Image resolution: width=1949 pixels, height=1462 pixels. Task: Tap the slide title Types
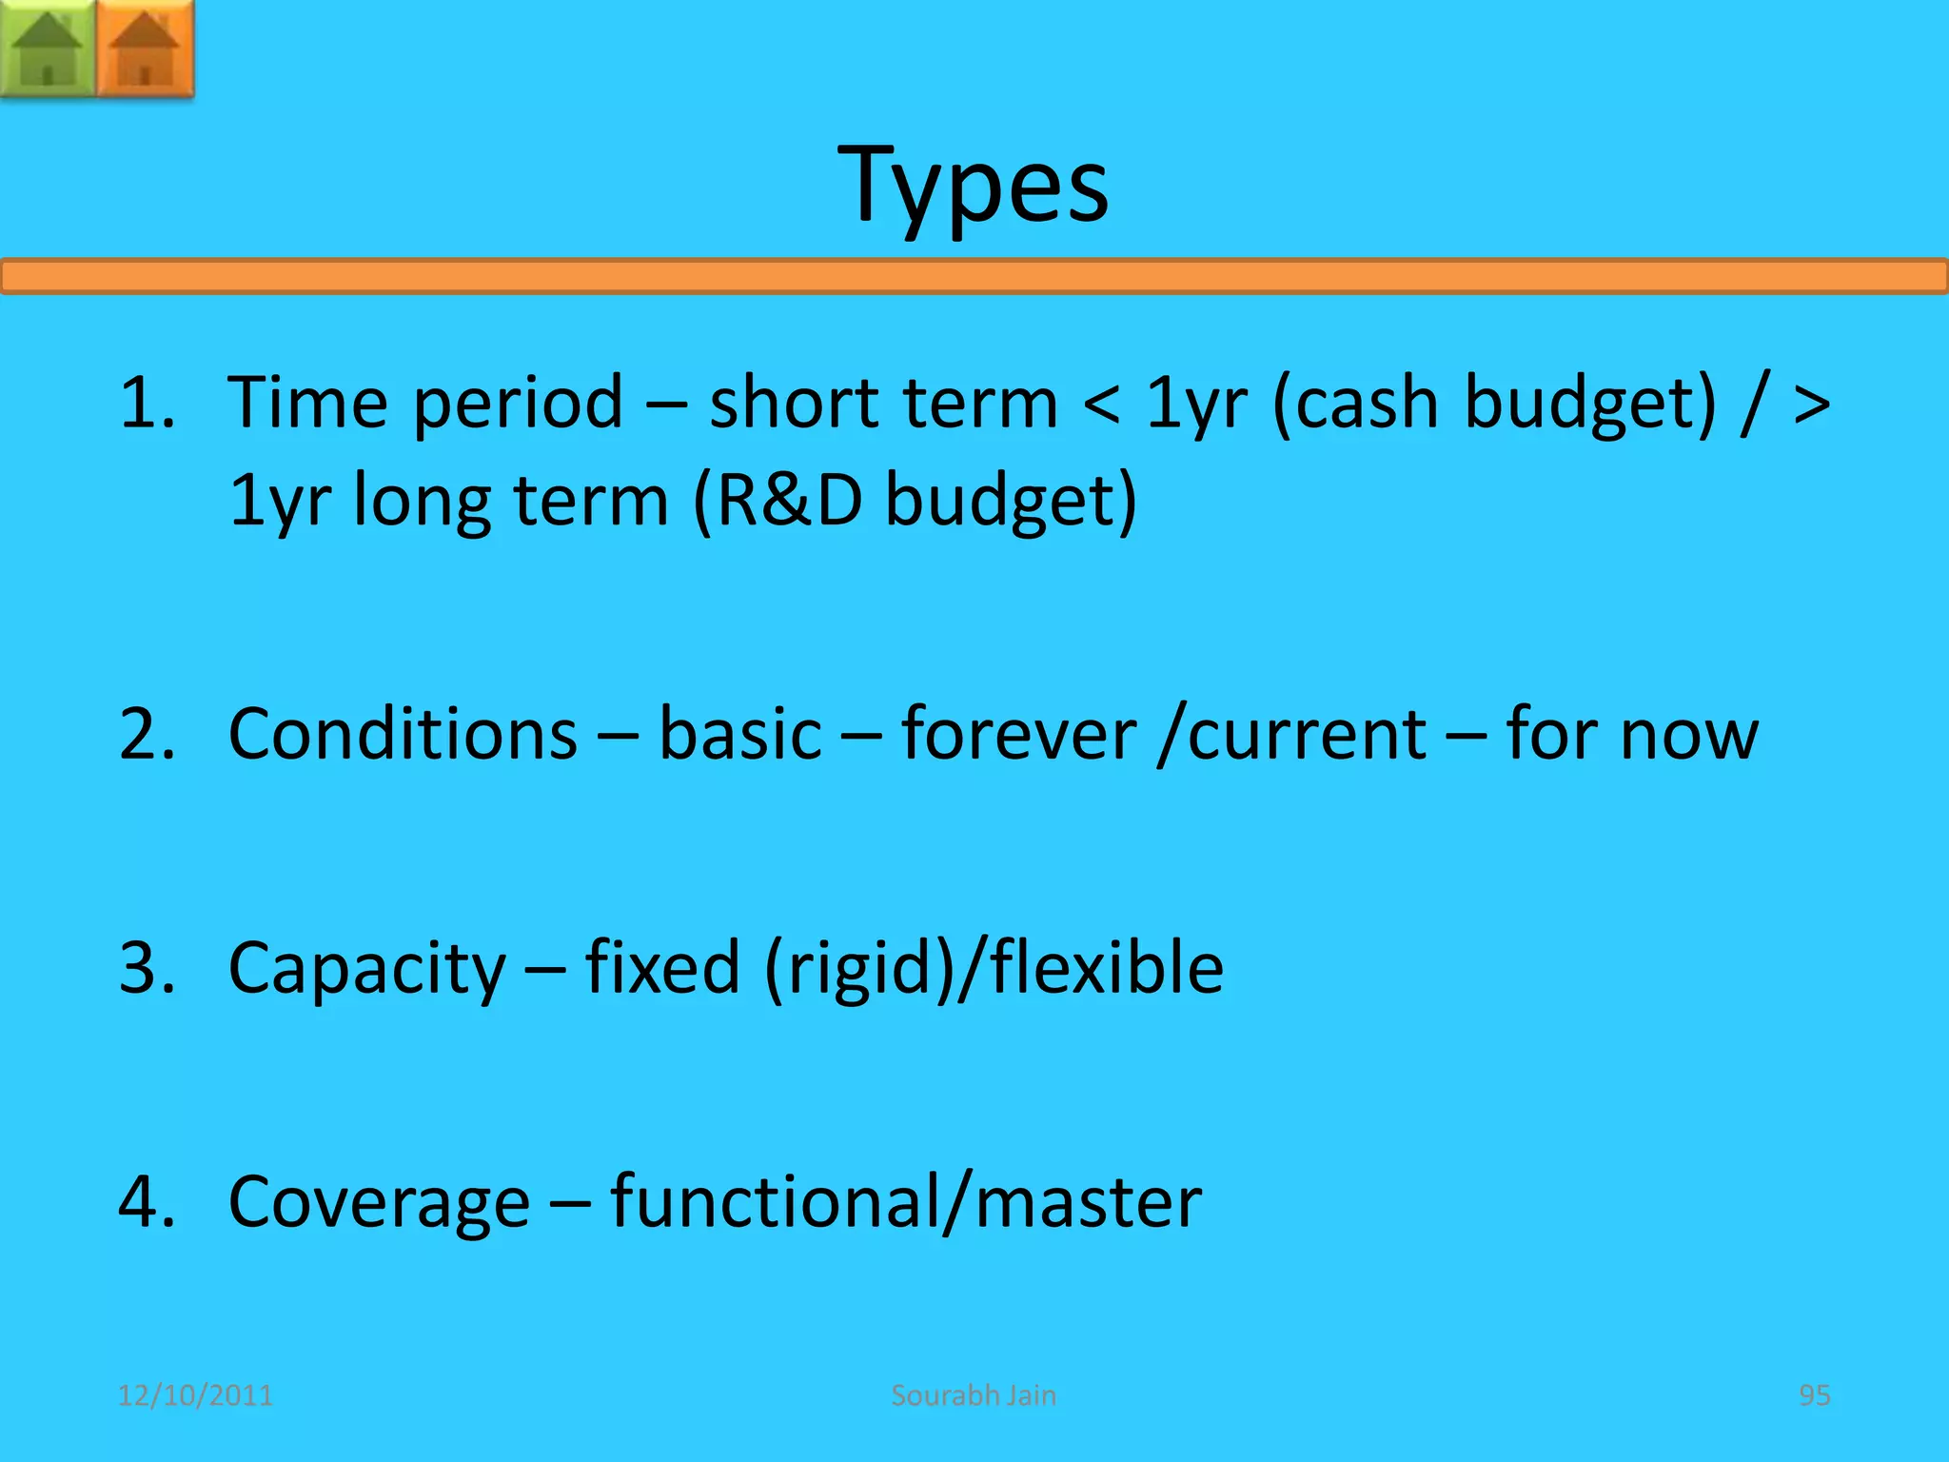(x=973, y=186)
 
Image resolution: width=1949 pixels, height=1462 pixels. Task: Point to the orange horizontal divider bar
(x=974, y=276)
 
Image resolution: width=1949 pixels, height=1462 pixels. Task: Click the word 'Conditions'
(x=403, y=735)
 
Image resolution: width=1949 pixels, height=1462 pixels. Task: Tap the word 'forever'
(x=1018, y=735)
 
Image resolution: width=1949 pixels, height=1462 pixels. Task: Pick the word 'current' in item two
(x=1307, y=735)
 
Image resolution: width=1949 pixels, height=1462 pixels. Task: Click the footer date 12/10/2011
(x=195, y=1395)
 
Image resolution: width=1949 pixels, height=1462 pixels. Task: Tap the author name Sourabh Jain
(x=974, y=1395)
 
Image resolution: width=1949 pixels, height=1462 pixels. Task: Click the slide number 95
(x=1814, y=1395)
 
